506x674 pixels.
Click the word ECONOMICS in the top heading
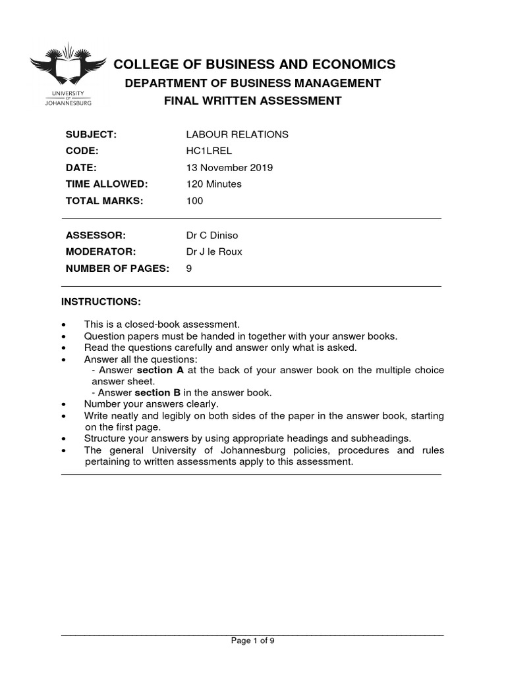pyautogui.click(x=356, y=64)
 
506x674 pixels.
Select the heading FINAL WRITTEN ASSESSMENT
pyautogui.click(x=254, y=101)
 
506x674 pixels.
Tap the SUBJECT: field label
pyautogui.click(x=91, y=134)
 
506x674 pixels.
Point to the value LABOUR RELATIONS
pyautogui.click(x=237, y=134)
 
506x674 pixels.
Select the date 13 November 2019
pyautogui.click(x=230, y=168)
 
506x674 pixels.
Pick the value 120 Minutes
pyautogui.click(x=214, y=184)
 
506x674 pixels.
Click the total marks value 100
pyautogui.click(x=195, y=201)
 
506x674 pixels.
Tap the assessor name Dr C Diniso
pyautogui.click(x=214, y=235)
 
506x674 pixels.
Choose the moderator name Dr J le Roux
pyautogui.click(x=215, y=251)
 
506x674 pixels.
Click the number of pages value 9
pyautogui.click(x=190, y=268)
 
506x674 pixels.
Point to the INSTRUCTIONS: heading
pyautogui.click(x=101, y=301)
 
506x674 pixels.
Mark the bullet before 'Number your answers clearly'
pyautogui.click(x=63, y=404)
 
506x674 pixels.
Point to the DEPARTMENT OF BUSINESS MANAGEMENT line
pyautogui.click(x=253, y=83)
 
